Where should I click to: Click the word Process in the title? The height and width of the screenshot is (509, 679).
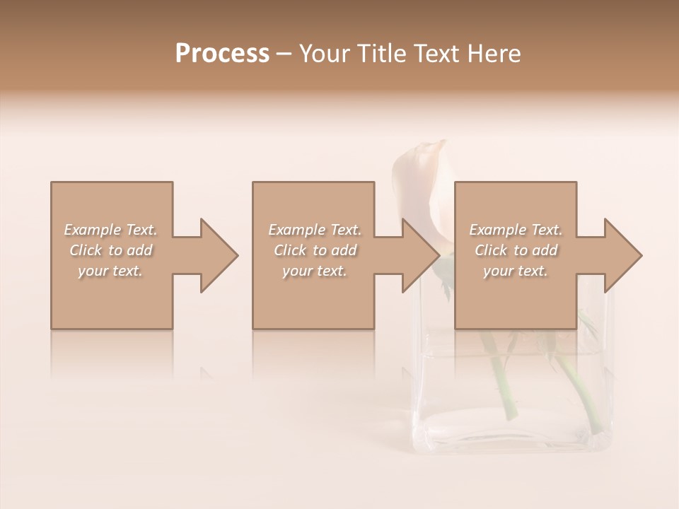[222, 54]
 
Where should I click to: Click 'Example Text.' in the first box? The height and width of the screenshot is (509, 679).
[110, 230]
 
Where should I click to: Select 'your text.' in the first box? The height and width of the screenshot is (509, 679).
[110, 271]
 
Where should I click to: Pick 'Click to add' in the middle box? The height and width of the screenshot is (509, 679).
[315, 250]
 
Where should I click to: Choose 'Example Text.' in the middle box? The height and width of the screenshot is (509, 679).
[315, 230]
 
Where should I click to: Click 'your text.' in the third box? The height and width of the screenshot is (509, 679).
[516, 271]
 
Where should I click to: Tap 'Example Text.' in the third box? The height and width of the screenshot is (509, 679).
[516, 230]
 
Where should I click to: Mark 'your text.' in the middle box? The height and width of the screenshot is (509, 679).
[315, 271]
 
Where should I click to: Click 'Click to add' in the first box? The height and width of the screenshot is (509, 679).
[110, 250]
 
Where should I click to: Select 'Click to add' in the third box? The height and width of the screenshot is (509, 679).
[516, 250]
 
